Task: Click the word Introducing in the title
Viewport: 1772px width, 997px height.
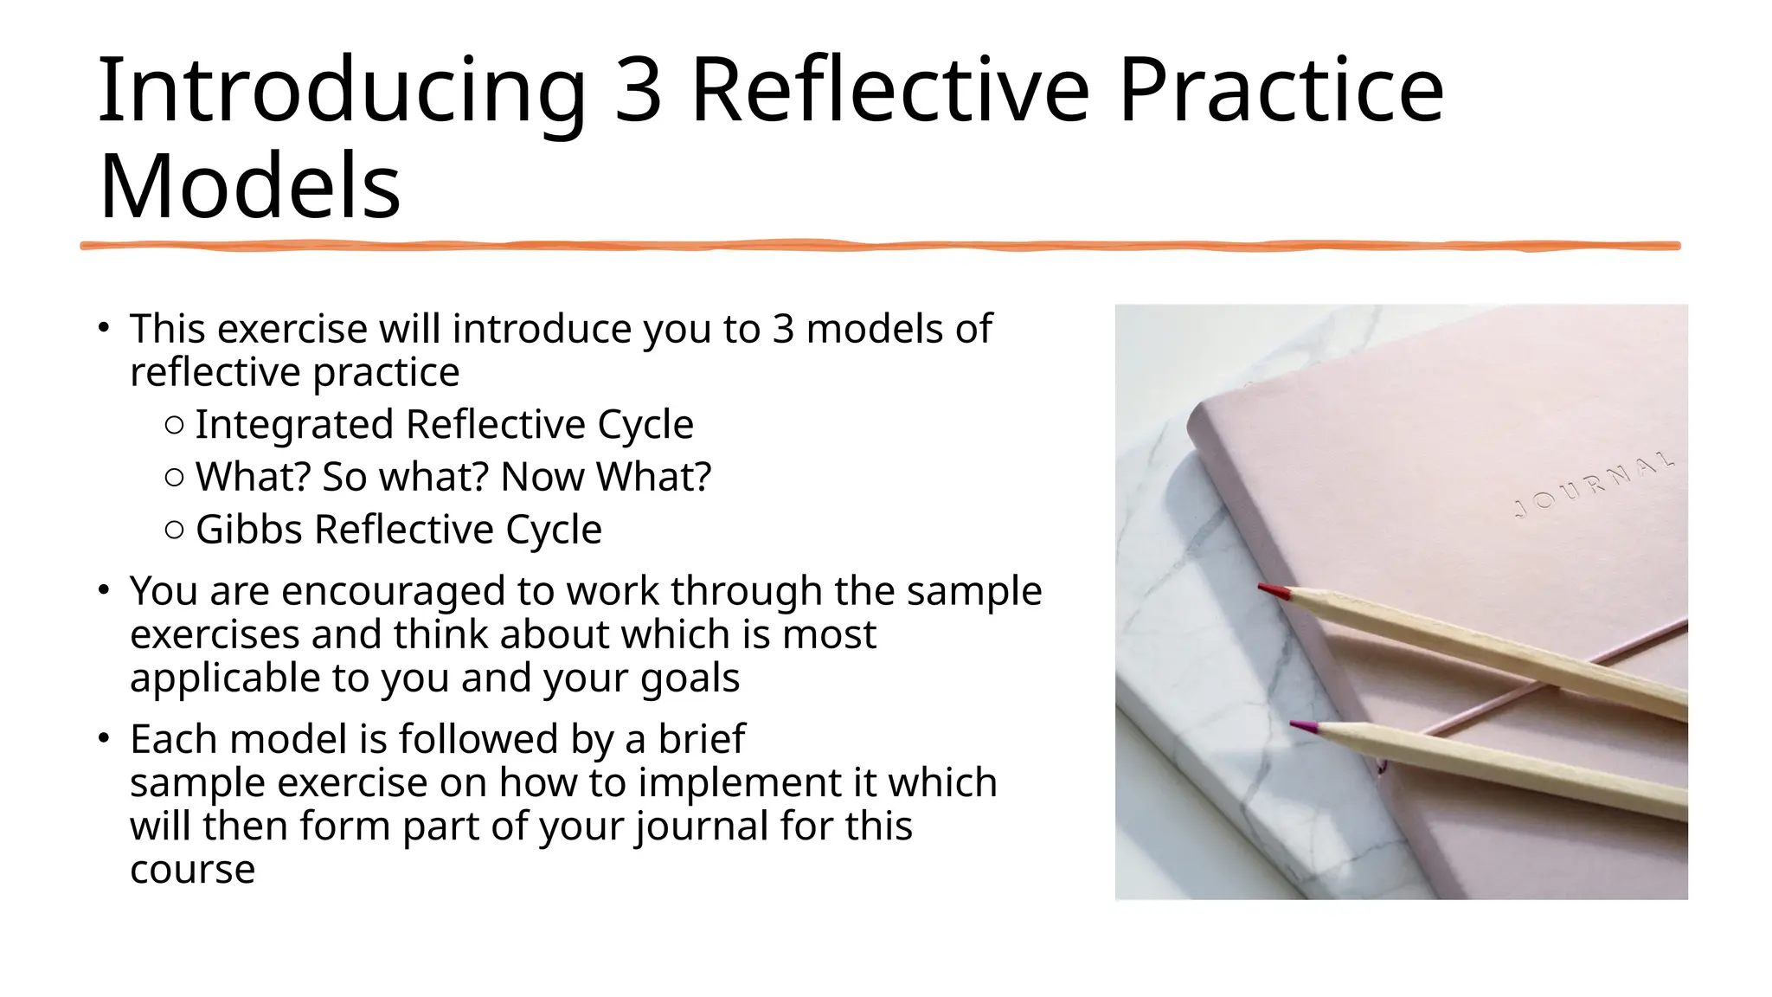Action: [343, 92]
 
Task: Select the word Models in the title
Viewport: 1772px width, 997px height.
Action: [250, 187]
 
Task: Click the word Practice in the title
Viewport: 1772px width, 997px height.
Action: [1281, 92]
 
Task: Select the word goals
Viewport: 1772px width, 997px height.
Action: [690, 678]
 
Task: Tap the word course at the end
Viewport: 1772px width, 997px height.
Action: [192, 870]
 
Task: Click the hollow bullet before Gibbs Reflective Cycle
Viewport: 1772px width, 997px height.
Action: [173, 530]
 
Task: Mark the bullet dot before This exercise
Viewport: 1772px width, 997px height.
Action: [103, 328]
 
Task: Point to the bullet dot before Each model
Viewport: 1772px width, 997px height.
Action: [103, 738]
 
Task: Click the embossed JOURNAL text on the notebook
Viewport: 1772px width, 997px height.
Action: [1594, 486]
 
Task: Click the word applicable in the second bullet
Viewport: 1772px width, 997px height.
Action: [225, 678]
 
